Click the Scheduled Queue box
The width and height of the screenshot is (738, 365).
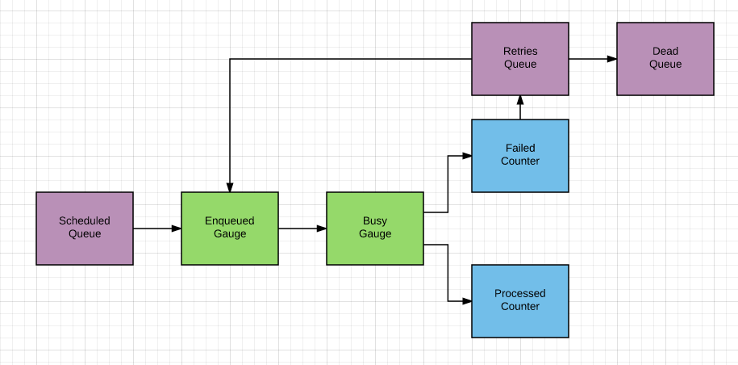pyautogui.click(x=85, y=229)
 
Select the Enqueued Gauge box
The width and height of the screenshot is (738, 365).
pyautogui.click(x=230, y=229)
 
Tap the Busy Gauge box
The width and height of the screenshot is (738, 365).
pyautogui.click(x=375, y=229)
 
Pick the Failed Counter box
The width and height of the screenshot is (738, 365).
pyautogui.click(x=520, y=156)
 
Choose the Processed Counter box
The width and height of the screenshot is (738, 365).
pyautogui.click(x=520, y=301)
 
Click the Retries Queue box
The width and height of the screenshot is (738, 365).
pyautogui.click(x=520, y=59)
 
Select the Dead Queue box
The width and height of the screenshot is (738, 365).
pyautogui.click(x=665, y=59)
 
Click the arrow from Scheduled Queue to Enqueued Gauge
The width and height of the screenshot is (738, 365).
pyautogui.click(x=157, y=229)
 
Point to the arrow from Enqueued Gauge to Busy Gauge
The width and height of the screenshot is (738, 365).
pyautogui.click(x=302, y=229)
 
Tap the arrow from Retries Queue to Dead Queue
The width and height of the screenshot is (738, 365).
pyautogui.click(x=593, y=59)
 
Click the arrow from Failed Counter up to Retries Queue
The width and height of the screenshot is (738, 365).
pyautogui.click(x=520, y=107)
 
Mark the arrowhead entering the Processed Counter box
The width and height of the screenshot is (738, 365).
pyautogui.click(x=466, y=301)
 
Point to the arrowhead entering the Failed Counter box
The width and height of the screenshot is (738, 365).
pyautogui.click(x=466, y=156)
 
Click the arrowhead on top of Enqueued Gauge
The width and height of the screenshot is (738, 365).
pyautogui.click(x=230, y=187)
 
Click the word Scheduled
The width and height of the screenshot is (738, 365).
pyautogui.click(x=85, y=221)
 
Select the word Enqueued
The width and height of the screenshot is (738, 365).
pyautogui.click(x=230, y=221)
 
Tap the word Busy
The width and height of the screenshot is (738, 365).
pyautogui.click(x=375, y=221)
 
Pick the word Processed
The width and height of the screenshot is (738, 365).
pyautogui.click(x=520, y=293)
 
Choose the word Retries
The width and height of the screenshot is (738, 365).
pyautogui.click(x=520, y=51)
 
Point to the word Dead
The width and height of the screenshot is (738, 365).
pyautogui.click(x=665, y=51)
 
